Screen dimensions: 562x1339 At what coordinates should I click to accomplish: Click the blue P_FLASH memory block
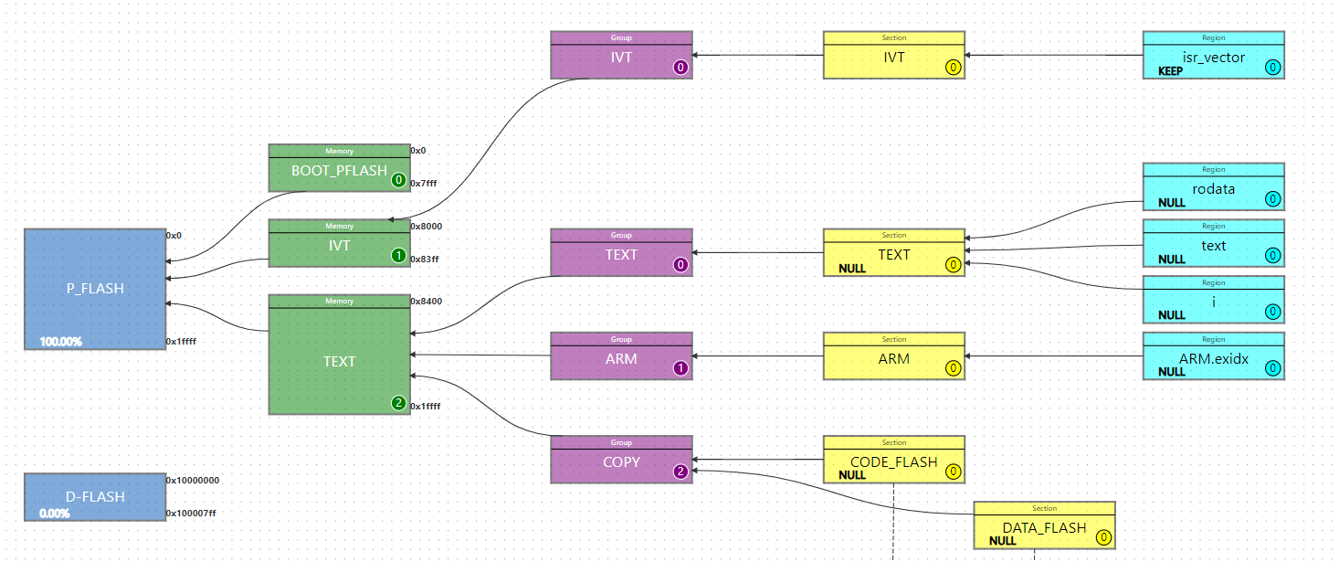click(95, 289)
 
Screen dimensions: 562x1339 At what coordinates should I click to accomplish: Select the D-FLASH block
click(95, 497)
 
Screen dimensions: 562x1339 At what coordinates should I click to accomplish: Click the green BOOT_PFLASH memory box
click(339, 171)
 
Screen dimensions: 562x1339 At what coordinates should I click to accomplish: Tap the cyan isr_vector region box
click(1213, 58)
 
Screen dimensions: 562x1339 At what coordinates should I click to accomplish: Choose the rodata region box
click(1213, 190)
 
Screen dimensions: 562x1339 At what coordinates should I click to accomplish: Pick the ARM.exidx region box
click(1213, 359)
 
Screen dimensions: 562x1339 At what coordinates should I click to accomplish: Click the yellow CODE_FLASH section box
click(893, 462)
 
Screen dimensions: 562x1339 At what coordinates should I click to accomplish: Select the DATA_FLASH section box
click(1044, 528)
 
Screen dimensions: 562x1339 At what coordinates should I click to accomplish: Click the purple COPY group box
click(621, 462)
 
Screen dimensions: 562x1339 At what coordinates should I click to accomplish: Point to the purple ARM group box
click(621, 359)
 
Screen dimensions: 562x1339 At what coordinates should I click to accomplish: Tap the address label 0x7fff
click(424, 184)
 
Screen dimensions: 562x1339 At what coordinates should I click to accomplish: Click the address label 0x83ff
click(425, 260)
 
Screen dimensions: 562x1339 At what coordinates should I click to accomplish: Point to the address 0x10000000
click(192, 480)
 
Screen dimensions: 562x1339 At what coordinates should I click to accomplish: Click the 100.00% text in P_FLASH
click(60, 342)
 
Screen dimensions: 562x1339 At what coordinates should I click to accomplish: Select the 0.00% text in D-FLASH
click(54, 514)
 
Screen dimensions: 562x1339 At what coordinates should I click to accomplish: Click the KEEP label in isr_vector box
click(1171, 71)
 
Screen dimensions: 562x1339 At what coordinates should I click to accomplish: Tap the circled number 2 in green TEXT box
click(398, 403)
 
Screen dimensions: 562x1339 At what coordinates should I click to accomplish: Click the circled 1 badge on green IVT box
click(398, 256)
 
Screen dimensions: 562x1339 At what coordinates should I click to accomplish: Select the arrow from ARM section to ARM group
click(758, 355)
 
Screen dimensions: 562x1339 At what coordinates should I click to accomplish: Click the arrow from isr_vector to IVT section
click(1053, 55)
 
